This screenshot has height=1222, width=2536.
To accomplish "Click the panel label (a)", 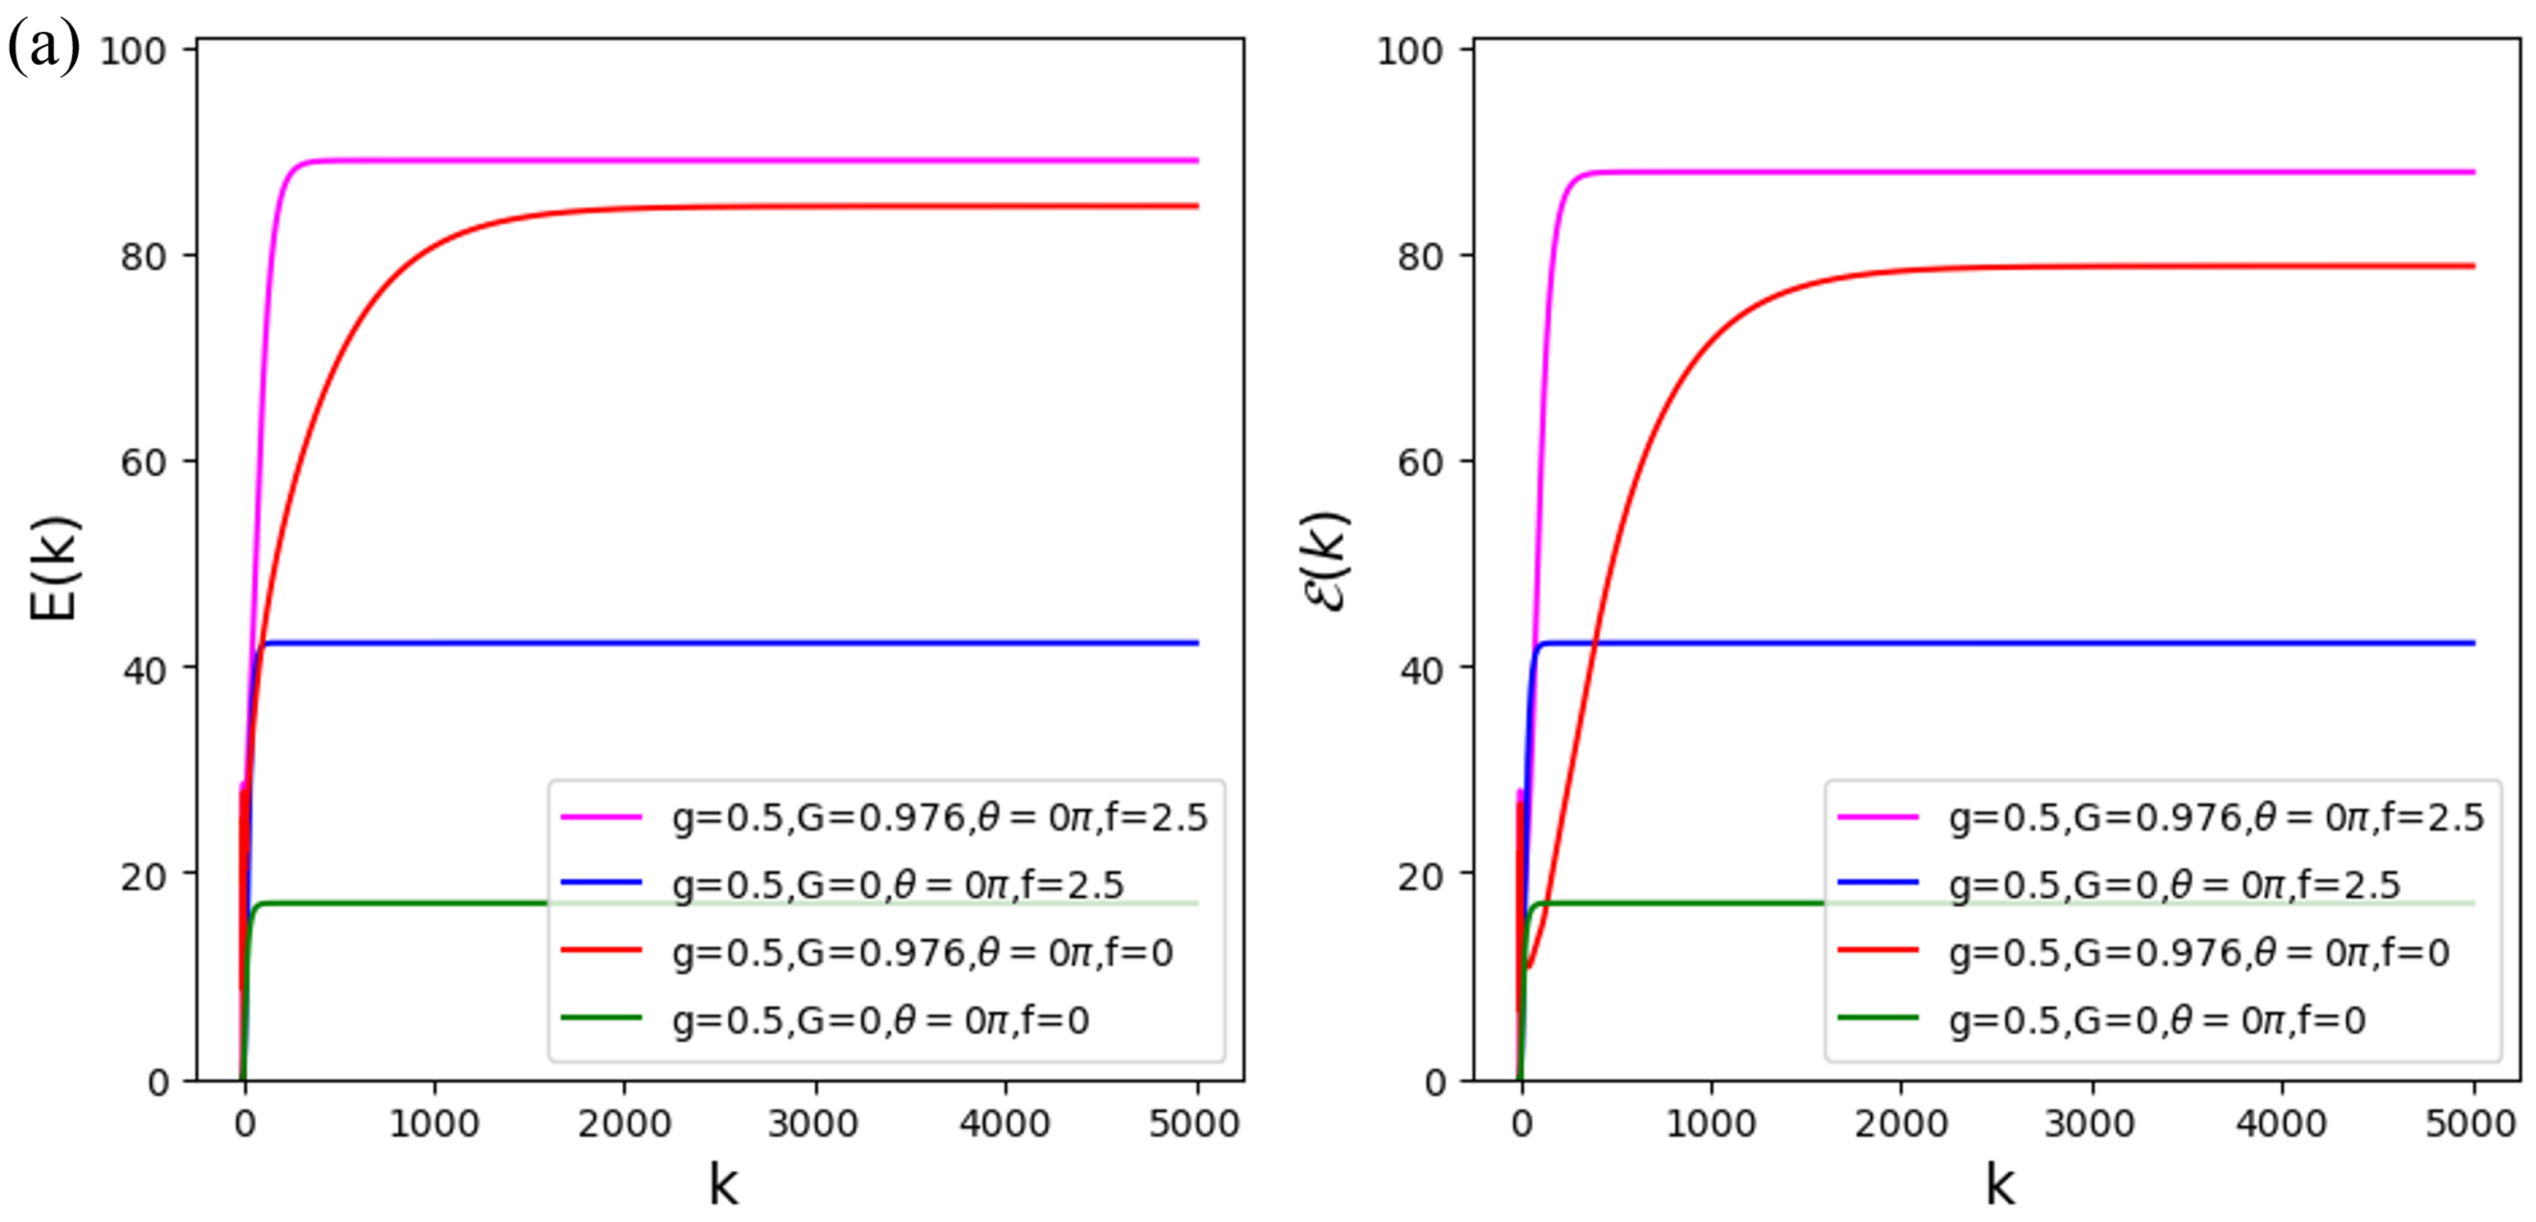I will tap(43, 47).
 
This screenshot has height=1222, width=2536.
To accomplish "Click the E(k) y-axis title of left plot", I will tap(54, 568).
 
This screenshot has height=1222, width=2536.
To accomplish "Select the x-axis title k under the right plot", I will tap(1999, 1184).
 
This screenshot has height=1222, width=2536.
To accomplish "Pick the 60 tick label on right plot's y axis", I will tap(1421, 462).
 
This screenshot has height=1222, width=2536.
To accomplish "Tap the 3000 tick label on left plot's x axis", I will tap(813, 1123).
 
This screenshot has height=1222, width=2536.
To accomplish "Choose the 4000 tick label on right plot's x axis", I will tap(2281, 1123).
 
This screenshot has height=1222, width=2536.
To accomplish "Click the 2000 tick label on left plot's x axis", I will tap(624, 1123).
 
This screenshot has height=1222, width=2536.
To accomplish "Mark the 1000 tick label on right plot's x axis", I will tap(1711, 1123).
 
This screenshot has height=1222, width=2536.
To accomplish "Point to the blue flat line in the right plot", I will tap(2067, 643).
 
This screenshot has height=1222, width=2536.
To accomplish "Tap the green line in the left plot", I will tap(393, 903).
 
